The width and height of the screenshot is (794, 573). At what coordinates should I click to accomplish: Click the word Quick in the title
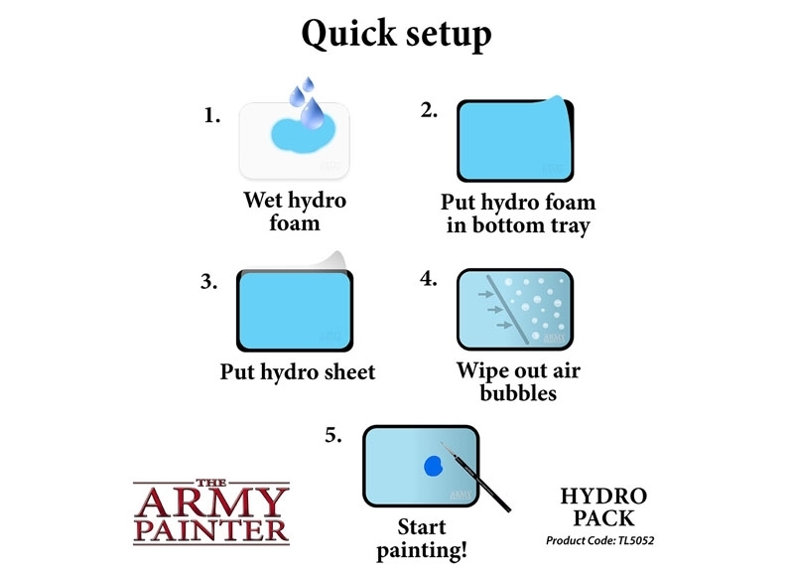point(348,35)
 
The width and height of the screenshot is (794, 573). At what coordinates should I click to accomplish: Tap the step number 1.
point(211,115)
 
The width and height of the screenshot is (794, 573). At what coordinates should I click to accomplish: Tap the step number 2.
point(429,110)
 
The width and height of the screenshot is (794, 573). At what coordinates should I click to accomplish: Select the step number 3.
point(208,281)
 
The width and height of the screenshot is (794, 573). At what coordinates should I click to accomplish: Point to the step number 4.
point(429,278)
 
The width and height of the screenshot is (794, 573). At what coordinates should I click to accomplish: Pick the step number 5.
point(333,435)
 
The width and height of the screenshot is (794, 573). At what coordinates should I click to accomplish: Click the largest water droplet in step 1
point(312,113)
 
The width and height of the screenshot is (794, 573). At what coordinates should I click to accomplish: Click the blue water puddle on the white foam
point(303,134)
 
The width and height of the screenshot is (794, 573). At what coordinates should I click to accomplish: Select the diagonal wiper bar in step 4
point(507,310)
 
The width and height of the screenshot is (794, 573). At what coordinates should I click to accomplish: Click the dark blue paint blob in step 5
point(433,466)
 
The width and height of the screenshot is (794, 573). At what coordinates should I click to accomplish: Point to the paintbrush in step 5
point(475,477)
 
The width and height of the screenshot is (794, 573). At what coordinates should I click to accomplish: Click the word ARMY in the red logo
point(211,503)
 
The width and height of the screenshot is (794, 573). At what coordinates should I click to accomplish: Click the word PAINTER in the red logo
point(211,530)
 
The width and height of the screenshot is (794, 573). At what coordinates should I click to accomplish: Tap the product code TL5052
point(635,540)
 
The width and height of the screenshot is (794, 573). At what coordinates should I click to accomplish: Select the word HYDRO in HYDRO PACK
point(603,496)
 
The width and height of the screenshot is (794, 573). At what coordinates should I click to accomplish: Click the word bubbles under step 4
point(518,393)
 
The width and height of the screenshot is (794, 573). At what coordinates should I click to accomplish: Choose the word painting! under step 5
point(422,550)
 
